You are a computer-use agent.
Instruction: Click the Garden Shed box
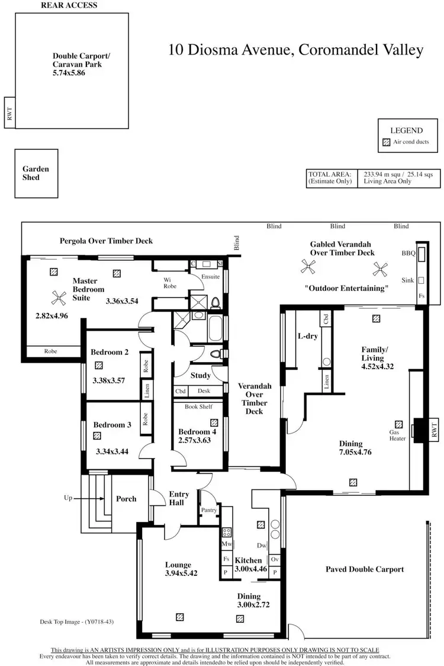click(36, 173)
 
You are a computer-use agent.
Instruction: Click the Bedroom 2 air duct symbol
click(99, 366)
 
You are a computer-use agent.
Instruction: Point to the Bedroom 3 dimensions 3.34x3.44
click(112, 451)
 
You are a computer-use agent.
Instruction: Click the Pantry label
click(209, 510)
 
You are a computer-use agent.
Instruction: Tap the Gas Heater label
click(397, 435)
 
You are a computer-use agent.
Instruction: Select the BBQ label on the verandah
click(408, 253)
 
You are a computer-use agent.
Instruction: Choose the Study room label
click(200, 375)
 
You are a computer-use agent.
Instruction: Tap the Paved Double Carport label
click(365, 569)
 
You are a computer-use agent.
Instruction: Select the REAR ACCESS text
click(69, 5)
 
